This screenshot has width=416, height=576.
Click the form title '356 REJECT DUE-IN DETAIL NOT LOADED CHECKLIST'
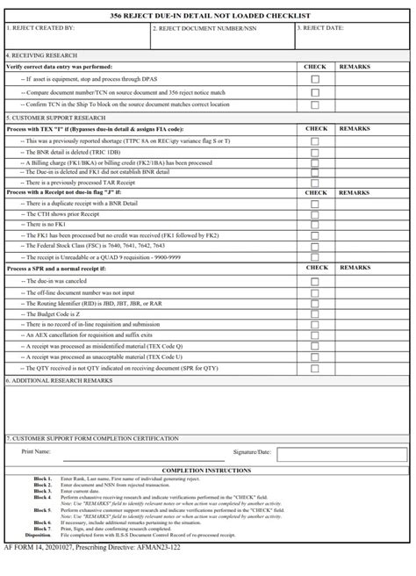click(x=207, y=16)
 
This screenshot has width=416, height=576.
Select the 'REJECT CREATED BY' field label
click(x=42, y=27)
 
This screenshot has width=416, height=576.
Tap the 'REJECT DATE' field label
click(x=320, y=27)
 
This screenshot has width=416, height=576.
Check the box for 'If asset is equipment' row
click(x=315, y=79)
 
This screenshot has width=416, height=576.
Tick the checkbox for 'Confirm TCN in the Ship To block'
click(x=315, y=104)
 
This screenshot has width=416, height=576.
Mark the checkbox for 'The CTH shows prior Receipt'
click(x=315, y=213)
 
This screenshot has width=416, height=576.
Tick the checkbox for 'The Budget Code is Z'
click(x=315, y=313)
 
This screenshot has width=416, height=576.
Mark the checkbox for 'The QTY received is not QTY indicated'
click(x=315, y=369)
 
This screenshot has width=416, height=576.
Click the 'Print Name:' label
click(x=36, y=451)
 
